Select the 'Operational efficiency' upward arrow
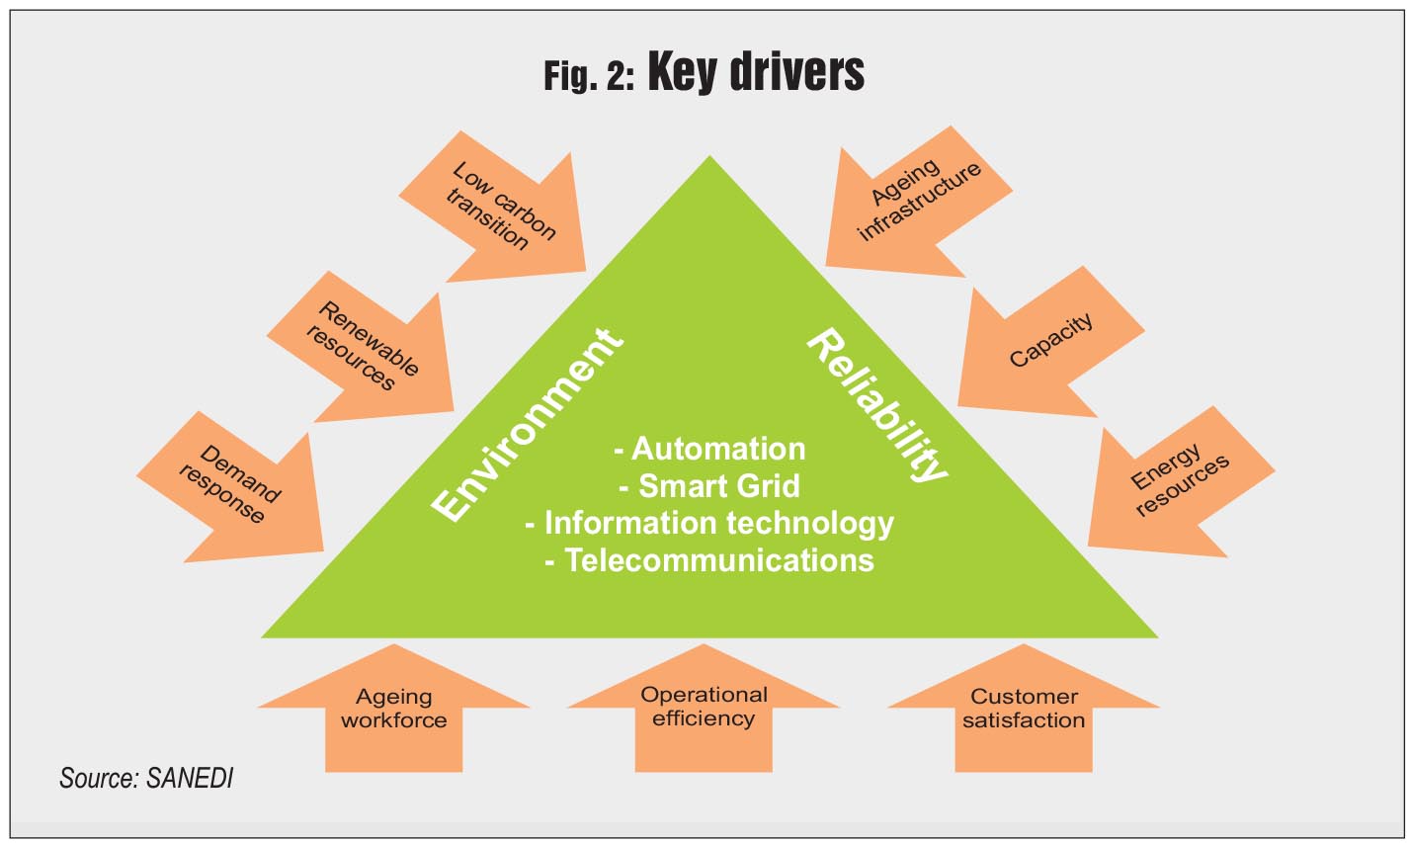click(x=704, y=707)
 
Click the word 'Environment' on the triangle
click(x=529, y=424)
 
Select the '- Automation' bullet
click(x=709, y=449)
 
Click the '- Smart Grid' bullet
click(x=709, y=485)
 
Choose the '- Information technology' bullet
click(x=709, y=523)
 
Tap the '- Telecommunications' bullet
click(x=709, y=559)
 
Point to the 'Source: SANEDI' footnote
click(x=146, y=778)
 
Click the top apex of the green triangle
click(x=709, y=158)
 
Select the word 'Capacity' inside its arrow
click(x=1051, y=341)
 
